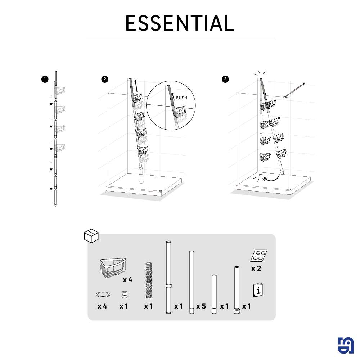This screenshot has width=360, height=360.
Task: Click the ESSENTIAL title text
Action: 180,23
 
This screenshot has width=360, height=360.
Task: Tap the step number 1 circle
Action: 45,80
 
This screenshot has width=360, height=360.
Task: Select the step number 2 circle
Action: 105,79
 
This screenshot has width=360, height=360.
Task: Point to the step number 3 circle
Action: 225,79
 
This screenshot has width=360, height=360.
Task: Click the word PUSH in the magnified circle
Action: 181,98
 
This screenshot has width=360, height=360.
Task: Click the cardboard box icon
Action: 91,236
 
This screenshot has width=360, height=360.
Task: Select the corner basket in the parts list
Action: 113,268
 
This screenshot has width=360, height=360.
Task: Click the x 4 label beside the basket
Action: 128,280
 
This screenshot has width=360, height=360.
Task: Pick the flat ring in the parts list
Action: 103,294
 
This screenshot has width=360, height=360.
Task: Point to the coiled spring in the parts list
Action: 149,280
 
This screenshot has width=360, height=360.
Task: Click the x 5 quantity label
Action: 201,306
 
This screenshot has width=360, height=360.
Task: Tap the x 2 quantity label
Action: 256,269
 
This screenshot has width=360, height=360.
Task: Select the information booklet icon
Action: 258,290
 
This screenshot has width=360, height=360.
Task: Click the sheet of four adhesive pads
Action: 259,256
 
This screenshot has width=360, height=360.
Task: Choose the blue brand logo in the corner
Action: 346,345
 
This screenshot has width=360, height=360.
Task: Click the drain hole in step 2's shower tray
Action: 141,182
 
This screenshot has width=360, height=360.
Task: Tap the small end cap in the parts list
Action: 124,294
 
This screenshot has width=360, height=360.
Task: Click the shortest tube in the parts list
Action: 214,294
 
